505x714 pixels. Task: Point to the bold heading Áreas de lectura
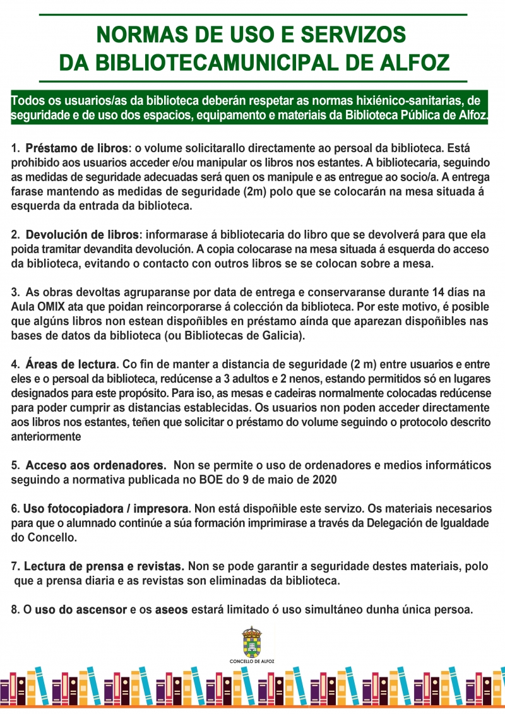coord(71,364)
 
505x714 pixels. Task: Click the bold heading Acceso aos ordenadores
coord(95,466)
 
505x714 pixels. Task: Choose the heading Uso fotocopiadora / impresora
coord(106,508)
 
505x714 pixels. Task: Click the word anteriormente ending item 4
coord(45,437)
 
